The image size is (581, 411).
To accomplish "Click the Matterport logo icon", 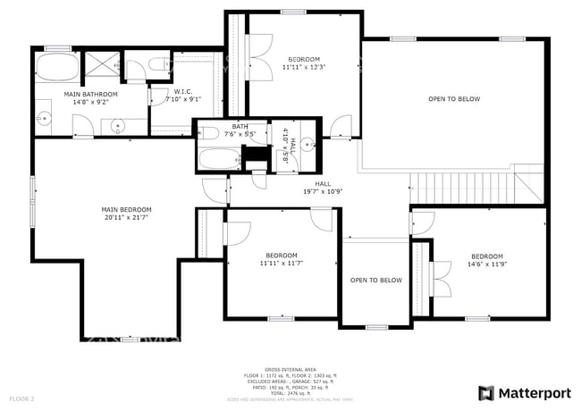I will coord(486,393).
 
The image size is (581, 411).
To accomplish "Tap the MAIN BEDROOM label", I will coord(126,210).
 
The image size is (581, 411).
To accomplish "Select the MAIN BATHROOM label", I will coord(90,95).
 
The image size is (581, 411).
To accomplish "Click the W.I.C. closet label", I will coord(182,91).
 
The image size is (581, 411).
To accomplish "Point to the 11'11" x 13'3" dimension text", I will coord(303,67).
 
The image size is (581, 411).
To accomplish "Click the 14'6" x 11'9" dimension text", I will coord(487,264).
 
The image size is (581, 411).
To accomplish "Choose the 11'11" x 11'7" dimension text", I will coord(282,264).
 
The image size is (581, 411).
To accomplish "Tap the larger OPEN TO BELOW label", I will coord(454,98).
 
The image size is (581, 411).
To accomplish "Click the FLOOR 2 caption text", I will coord(21,398).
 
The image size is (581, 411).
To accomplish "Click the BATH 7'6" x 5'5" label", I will coord(240,130).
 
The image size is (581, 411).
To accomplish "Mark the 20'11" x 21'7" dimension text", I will coord(126,217).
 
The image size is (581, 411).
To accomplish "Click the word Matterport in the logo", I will coord(535,393).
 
